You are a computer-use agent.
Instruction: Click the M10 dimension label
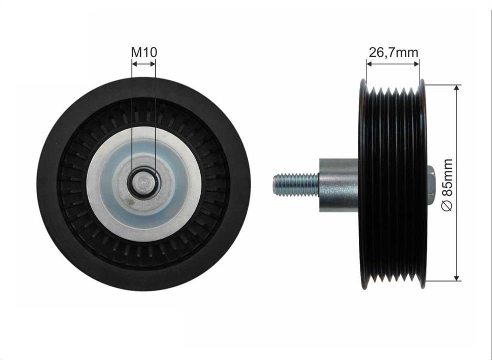pyautogui.click(x=144, y=52)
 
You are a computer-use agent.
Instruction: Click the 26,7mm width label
pyautogui.click(x=393, y=52)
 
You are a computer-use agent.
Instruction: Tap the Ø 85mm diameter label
pyautogui.click(x=447, y=185)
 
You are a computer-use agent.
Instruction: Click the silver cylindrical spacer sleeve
pyautogui.click(x=339, y=185)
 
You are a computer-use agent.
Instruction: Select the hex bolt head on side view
pyautogui.click(x=430, y=185)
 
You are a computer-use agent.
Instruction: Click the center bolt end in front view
pyautogui.click(x=144, y=183)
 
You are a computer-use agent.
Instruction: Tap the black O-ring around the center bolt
pyautogui.click(x=144, y=183)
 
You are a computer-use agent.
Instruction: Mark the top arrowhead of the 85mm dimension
pyautogui.click(x=457, y=87)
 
